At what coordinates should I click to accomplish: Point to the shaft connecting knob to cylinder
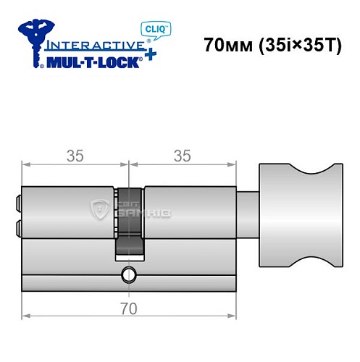tap(248, 211)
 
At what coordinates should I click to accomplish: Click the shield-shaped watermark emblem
tap(100, 209)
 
